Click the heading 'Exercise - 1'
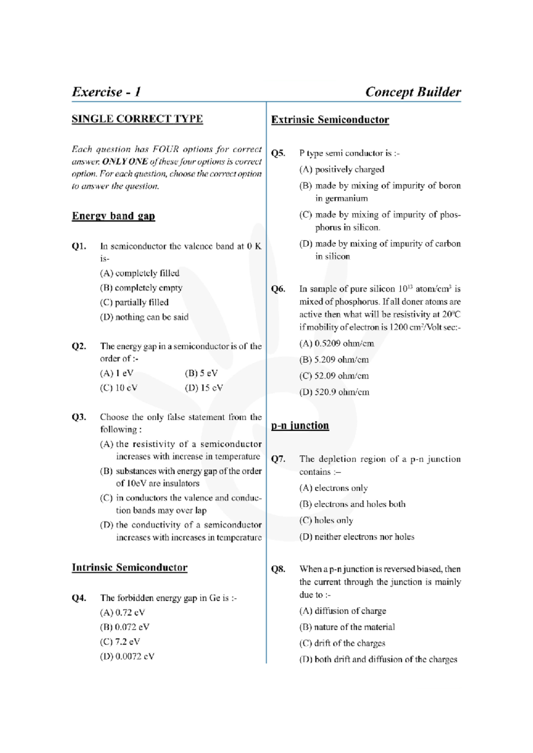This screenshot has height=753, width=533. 107,92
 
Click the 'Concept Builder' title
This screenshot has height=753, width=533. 413,92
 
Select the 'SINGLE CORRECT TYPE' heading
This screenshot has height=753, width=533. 137,119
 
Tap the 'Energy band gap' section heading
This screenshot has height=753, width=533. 113,216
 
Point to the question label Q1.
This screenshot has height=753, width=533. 79,246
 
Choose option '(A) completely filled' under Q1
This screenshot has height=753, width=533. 139,273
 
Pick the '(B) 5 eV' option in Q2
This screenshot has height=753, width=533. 201,373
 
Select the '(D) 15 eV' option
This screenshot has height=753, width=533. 203,388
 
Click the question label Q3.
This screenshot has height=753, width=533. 79,417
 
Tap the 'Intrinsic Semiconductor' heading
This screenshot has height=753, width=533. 129,568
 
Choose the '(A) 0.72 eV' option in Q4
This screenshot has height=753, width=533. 122,613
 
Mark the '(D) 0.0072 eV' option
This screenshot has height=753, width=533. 127,656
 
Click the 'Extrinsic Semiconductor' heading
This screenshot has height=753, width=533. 330,120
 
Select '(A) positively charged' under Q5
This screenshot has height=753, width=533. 342,170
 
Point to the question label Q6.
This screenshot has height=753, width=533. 278,289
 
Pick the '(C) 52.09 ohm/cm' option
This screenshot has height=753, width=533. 334,376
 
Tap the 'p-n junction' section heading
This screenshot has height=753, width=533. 300,426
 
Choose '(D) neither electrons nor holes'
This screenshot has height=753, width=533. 357,537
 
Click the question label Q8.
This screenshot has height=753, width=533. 278,569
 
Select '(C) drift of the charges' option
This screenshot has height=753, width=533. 342,643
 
